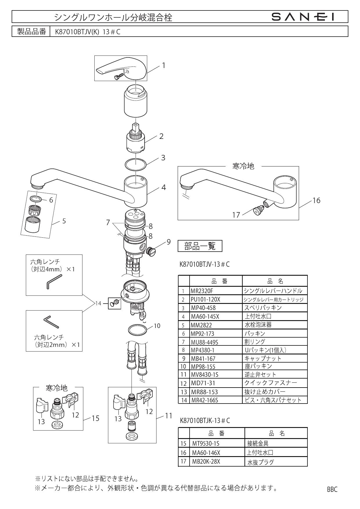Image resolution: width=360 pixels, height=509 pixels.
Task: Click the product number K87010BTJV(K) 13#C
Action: (x=86, y=32)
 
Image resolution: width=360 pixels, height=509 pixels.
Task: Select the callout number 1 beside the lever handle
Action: (x=163, y=65)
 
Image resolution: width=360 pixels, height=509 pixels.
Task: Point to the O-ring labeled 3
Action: (x=136, y=164)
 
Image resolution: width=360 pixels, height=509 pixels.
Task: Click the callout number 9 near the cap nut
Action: (x=169, y=242)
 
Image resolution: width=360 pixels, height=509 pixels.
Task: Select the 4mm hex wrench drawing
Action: (x=54, y=281)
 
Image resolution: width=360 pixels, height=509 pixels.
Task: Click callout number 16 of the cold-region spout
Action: (x=316, y=200)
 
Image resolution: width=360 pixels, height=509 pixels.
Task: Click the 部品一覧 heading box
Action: (x=200, y=246)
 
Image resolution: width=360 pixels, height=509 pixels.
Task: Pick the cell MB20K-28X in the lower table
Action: (x=206, y=461)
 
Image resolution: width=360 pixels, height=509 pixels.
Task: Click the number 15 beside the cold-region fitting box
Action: (x=96, y=418)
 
